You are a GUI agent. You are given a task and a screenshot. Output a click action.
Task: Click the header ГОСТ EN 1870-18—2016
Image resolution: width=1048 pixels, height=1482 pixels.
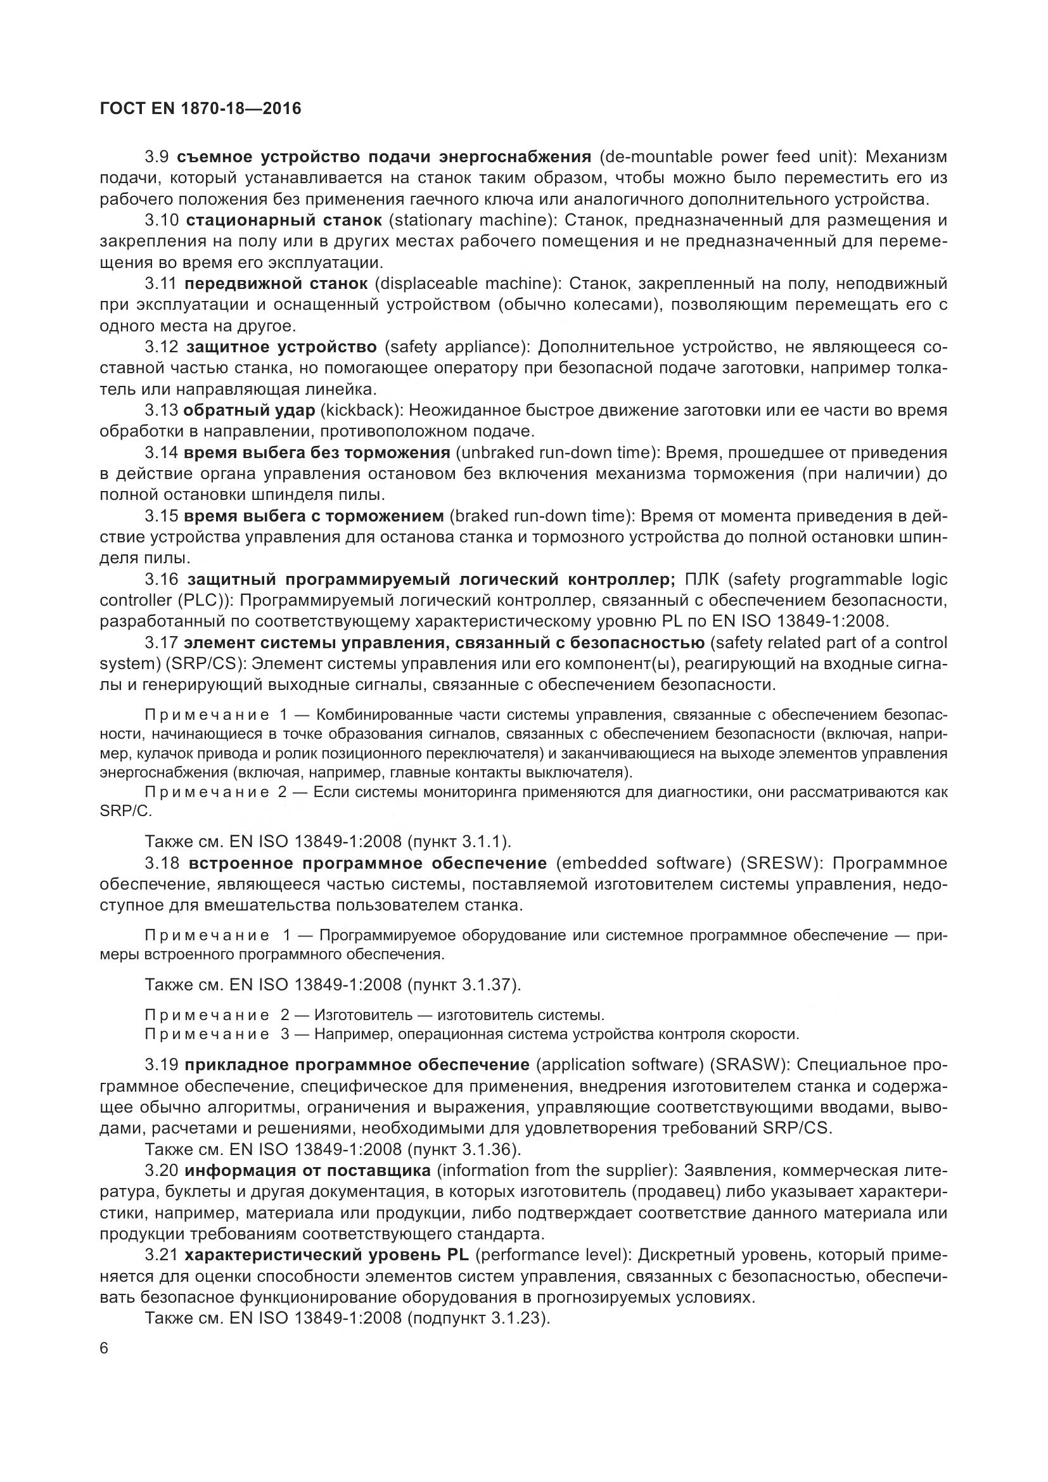coord(201,108)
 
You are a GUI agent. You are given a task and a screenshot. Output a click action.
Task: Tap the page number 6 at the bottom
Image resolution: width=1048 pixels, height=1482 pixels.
coord(105,1349)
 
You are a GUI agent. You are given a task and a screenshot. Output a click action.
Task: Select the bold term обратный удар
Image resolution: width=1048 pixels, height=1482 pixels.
coord(249,411)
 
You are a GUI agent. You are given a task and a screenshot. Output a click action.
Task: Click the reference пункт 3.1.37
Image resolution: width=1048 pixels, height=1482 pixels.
coord(462,985)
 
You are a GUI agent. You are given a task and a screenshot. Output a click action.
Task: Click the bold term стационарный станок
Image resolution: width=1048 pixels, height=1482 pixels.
coord(284,220)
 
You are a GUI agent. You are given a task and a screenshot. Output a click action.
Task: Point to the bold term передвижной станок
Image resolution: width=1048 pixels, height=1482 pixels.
coord(276,283)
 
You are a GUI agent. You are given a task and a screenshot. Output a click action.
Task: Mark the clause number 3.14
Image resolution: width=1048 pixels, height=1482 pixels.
coord(161,452)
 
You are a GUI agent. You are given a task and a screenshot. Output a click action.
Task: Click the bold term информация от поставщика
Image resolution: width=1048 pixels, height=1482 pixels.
coord(307,1170)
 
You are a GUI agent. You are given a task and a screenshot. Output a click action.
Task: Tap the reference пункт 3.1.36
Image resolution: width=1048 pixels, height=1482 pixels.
coord(462,1149)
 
